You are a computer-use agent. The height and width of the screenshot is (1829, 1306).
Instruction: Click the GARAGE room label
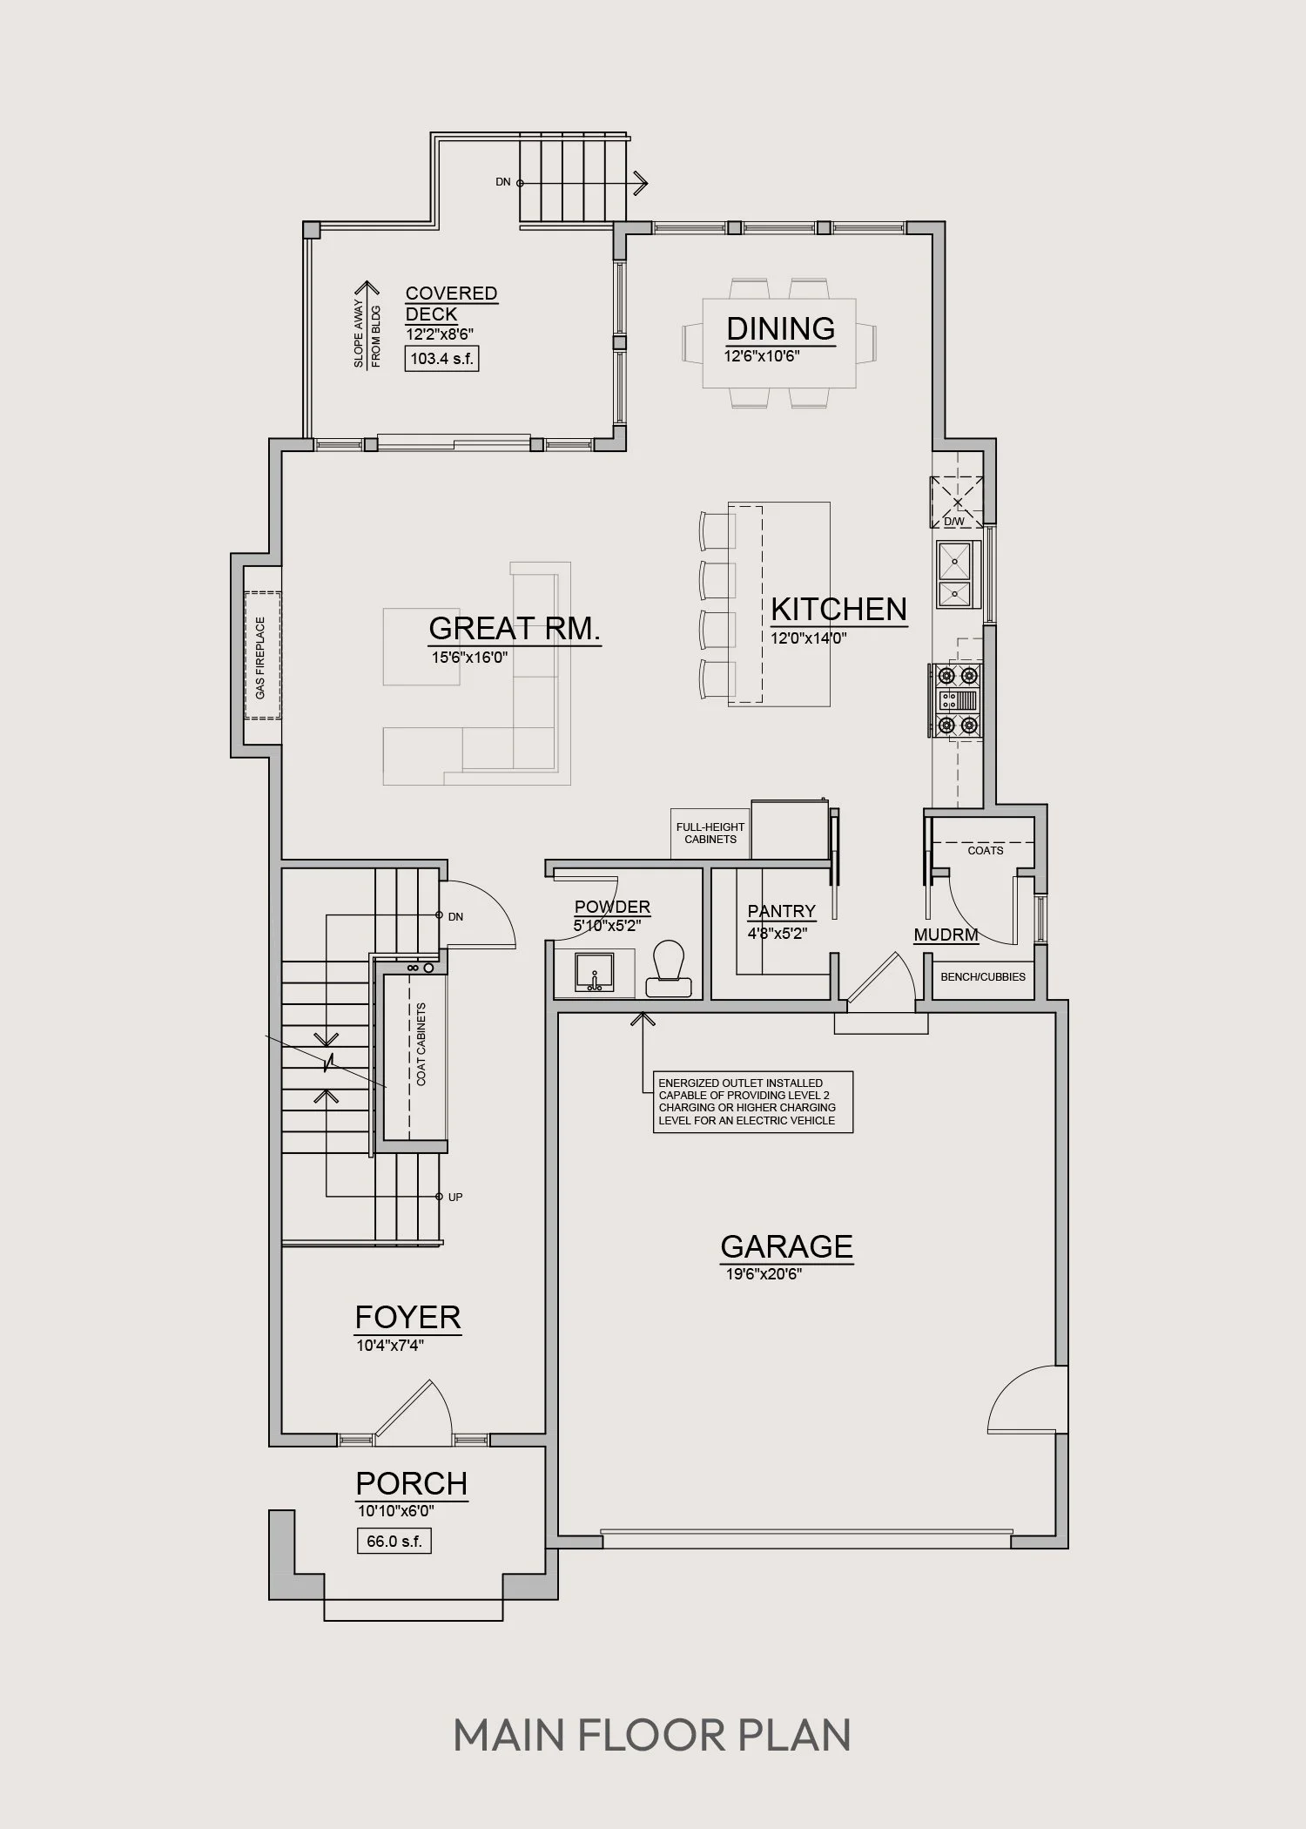point(786,1246)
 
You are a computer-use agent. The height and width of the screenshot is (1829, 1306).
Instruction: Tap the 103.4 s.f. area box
point(441,358)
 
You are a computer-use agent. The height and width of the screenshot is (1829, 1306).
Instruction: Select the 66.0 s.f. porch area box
point(394,1541)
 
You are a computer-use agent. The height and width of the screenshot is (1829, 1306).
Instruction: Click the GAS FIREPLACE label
point(260,658)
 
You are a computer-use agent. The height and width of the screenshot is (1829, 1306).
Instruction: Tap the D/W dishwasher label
point(954,522)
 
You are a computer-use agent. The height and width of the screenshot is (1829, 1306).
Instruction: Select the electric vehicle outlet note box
point(753,1102)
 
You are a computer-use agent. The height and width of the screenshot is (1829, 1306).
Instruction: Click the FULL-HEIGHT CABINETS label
point(710,833)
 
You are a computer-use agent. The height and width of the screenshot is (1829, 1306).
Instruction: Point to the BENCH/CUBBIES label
point(983,976)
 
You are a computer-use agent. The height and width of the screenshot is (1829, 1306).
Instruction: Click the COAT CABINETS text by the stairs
point(421,1044)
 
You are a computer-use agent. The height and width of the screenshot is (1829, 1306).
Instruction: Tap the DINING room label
point(781,328)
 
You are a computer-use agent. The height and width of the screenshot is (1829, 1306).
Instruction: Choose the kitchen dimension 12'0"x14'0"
point(809,638)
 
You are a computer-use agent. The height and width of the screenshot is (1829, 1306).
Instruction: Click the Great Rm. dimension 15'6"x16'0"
point(469,657)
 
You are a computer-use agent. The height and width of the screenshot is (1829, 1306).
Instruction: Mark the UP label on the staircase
point(455,1197)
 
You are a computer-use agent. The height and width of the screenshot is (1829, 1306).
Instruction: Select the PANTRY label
point(782,911)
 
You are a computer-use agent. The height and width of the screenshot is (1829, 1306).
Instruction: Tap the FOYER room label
point(407,1317)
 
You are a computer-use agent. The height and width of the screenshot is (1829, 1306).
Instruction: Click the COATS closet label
point(986,850)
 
